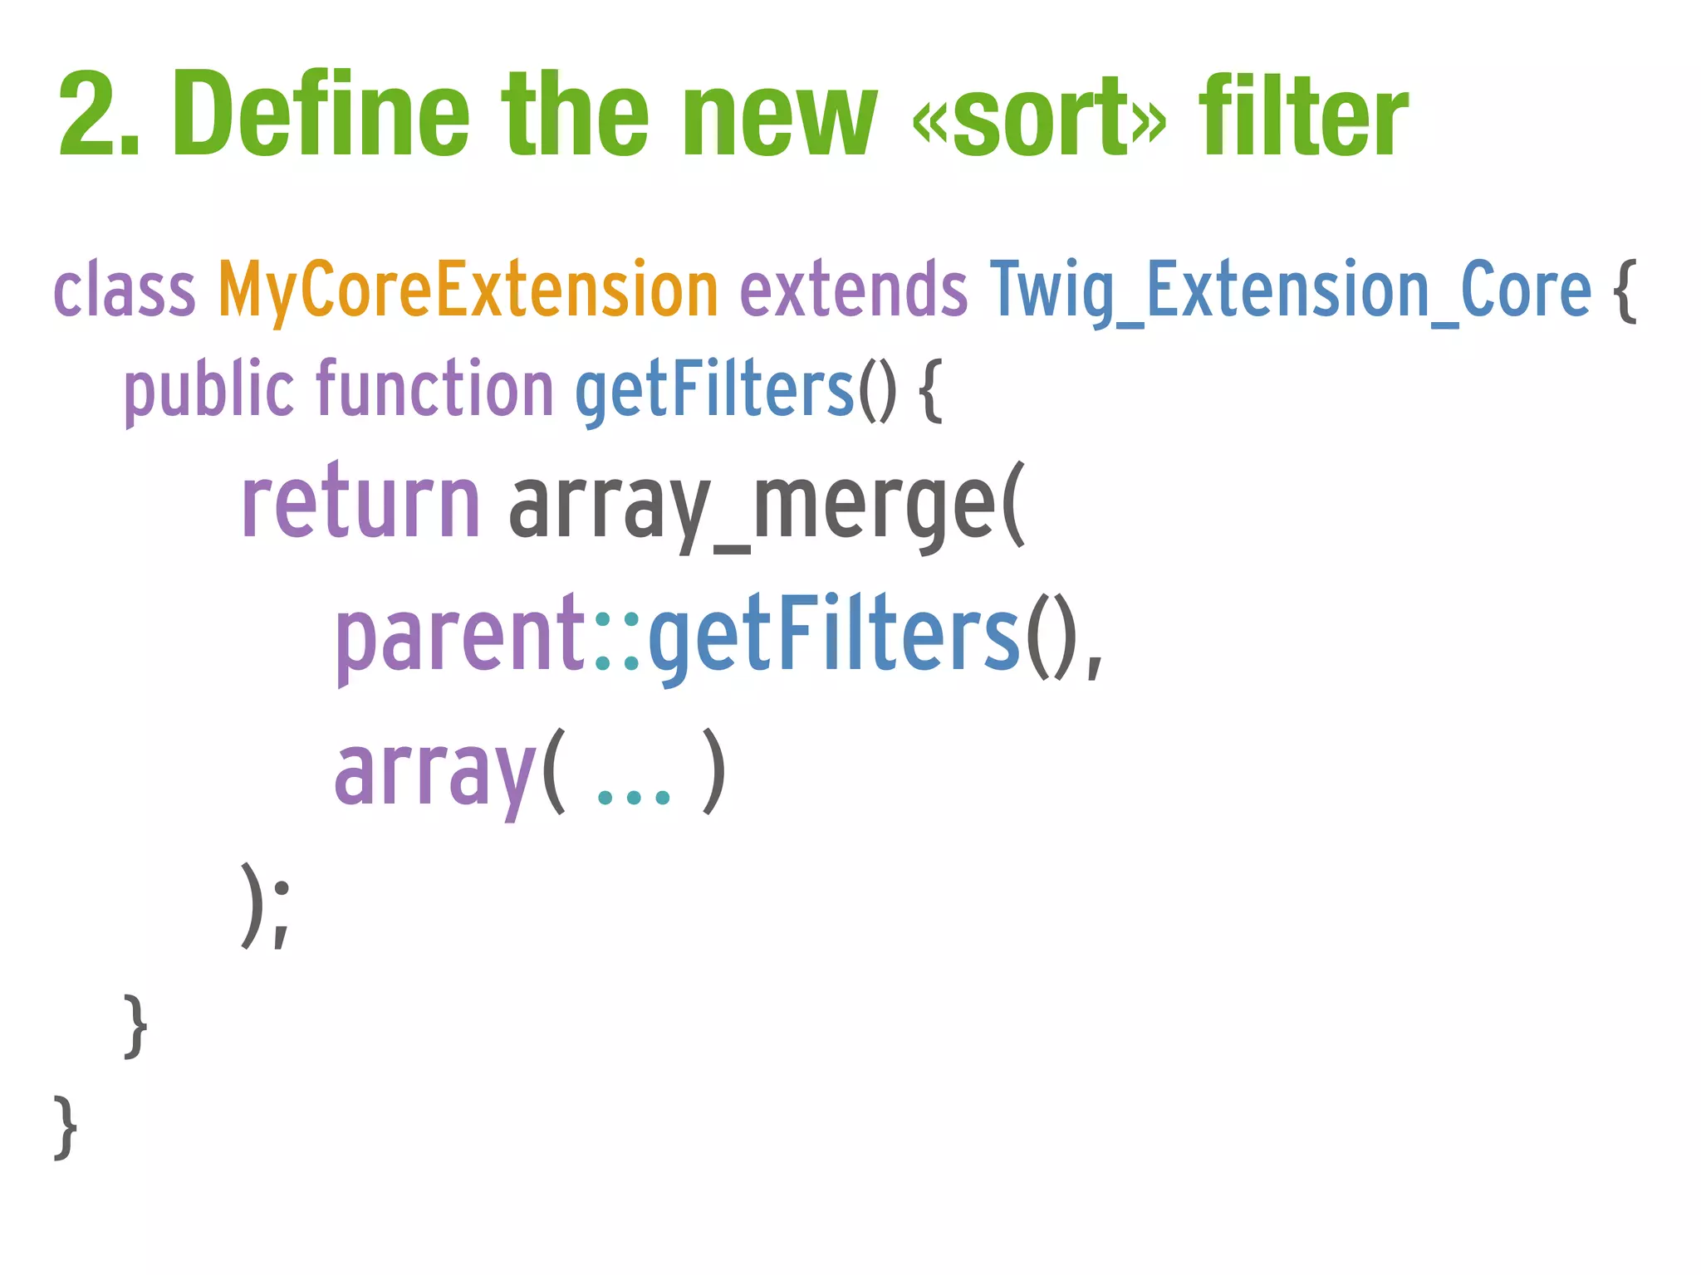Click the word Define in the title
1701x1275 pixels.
click(321, 115)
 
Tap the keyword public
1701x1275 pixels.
click(208, 390)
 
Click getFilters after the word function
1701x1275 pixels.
click(714, 390)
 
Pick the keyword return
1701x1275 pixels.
click(360, 502)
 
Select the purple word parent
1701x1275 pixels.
click(461, 635)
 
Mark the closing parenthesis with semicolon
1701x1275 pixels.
click(265, 905)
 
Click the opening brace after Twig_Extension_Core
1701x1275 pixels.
click(1625, 291)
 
